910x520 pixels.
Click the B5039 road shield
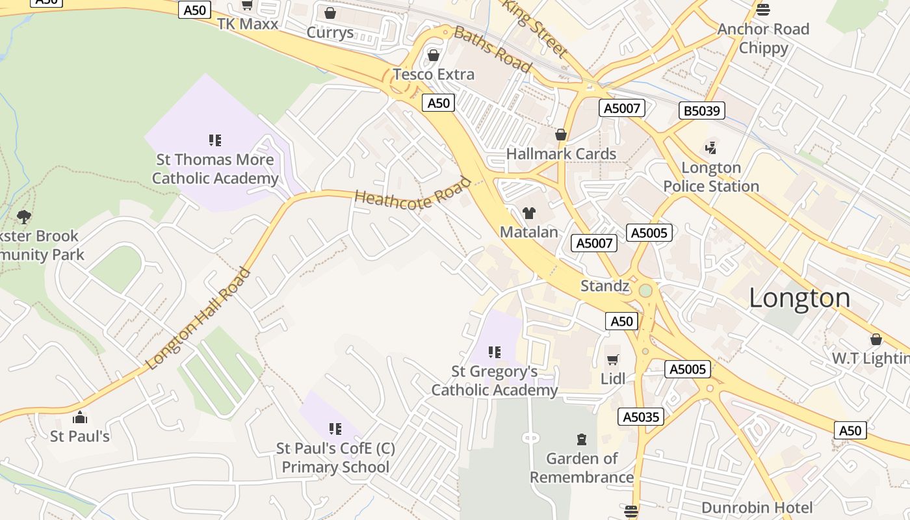point(702,110)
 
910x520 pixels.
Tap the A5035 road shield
point(642,417)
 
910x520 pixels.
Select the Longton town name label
point(799,298)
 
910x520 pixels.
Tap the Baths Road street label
point(493,49)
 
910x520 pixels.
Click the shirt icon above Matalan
point(529,213)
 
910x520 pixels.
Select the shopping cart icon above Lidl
point(612,359)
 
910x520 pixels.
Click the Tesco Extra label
point(434,74)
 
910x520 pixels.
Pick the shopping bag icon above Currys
point(330,13)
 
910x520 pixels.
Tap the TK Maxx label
point(247,24)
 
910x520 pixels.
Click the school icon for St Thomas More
point(215,140)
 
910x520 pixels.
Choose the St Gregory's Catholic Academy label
point(494,381)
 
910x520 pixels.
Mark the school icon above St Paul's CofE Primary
point(335,429)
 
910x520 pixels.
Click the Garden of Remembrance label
point(582,468)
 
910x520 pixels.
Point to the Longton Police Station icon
point(711,148)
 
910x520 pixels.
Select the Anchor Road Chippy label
point(763,38)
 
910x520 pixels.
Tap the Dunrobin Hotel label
point(757,508)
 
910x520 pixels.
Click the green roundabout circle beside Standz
point(645,291)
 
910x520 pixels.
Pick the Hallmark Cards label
point(561,154)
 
